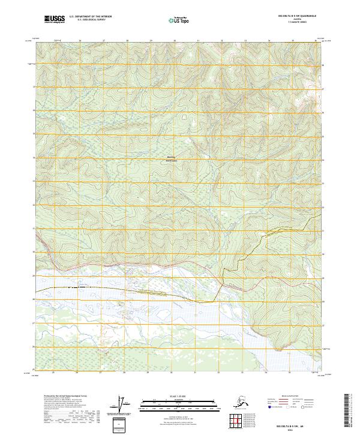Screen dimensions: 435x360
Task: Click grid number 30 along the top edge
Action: tap(175, 41)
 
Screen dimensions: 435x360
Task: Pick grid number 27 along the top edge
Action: tap(104, 41)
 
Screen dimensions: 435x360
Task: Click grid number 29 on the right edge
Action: tap(323, 278)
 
